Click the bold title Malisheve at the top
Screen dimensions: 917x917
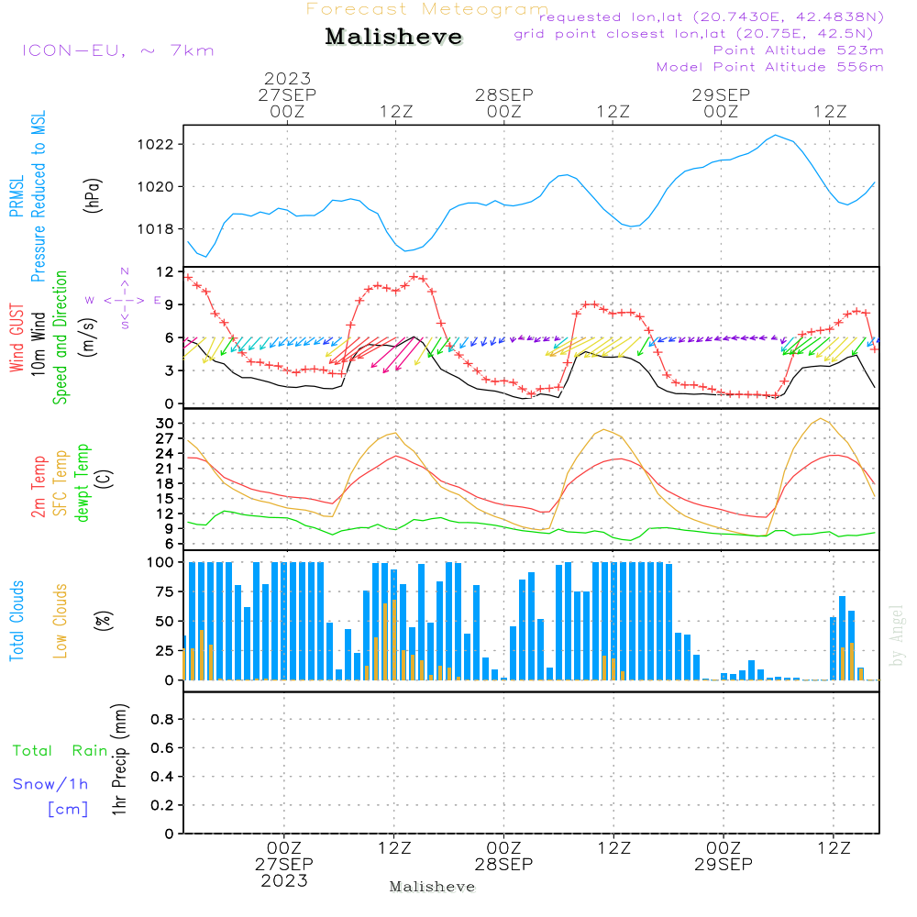[x=393, y=37]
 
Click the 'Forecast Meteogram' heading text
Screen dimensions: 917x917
[x=427, y=9]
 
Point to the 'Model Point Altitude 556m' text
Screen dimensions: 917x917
[x=770, y=67]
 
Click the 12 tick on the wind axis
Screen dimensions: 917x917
[x=166, y=272]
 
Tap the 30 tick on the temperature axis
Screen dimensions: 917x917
[x=166, y=423]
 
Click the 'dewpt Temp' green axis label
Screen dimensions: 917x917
[x=83, y=482]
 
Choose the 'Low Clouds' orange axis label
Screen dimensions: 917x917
[x=61, y=619]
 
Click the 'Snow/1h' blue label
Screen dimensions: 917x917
[x=51, y=784]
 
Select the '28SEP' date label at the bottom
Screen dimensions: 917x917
[x=503, y=865]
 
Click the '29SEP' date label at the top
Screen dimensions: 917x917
[x=721, y=95]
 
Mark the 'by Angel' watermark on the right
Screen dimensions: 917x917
[x=896, y=635]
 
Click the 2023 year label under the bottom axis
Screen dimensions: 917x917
[x=284, y=881]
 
